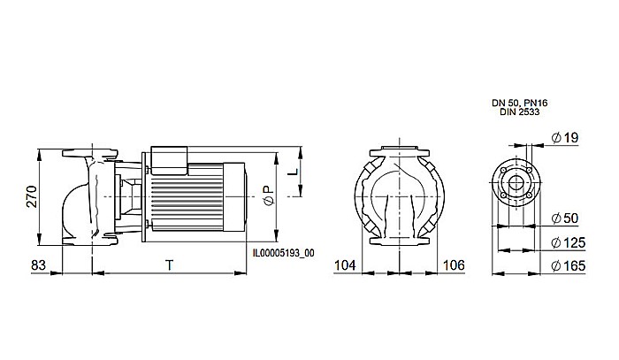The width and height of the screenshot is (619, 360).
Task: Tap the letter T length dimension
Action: [x=168, y=264]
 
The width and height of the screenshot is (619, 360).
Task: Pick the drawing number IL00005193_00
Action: [x=283, y=252]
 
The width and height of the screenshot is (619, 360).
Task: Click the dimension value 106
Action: [x=453, y=264]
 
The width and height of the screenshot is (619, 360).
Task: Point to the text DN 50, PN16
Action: [x=519, y=103]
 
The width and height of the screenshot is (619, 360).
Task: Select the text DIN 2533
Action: [x=516, y=113]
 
